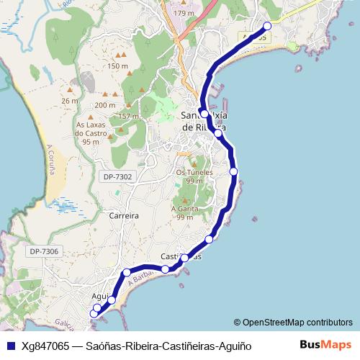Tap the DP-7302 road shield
tap(118, 176)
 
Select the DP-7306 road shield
tap(44, 251)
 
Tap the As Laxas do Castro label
tap(91, 128)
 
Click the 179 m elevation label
tap(184, 14)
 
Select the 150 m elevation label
tap(117, 66)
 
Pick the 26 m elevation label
tap(70, 101)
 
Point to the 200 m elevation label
tap(104, 106)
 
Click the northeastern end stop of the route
tap(267, 26)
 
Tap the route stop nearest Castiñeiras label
tap(184, 258)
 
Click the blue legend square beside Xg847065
tap(11, 346)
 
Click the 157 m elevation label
tap(128, 116)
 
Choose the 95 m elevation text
tap(91, 142)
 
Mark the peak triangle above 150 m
tap(123, 54)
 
